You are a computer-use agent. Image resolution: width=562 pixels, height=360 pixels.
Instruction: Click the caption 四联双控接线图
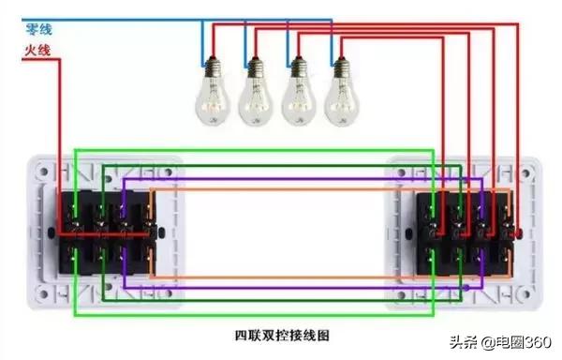(280, 334)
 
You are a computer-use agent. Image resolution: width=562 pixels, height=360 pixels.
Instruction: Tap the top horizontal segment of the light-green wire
(253, 148)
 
